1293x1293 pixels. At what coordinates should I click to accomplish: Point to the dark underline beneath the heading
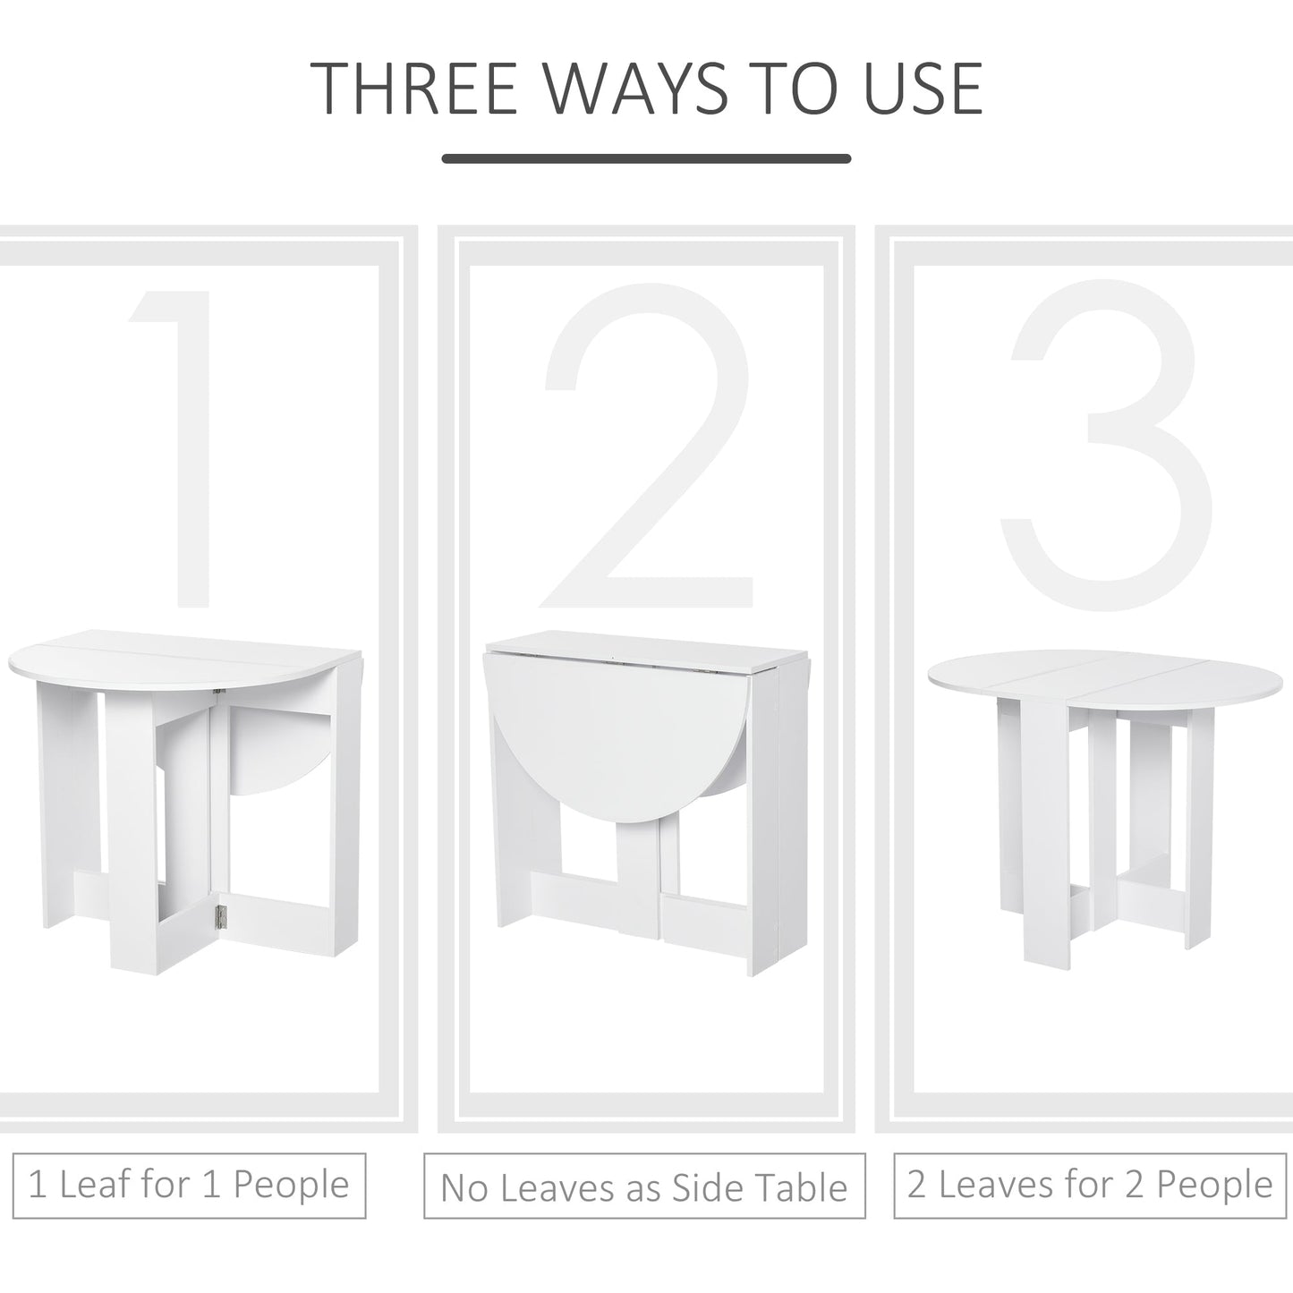[646, 159]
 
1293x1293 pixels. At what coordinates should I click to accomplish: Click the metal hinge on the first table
[221, 915]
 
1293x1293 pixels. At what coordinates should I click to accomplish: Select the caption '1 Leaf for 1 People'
[189, 1186]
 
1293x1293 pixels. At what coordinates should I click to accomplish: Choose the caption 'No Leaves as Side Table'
[644, 1187]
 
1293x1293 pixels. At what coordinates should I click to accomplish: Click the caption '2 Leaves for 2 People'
[1090, 1186]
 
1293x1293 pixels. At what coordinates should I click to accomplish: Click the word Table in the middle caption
[802, 1187]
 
